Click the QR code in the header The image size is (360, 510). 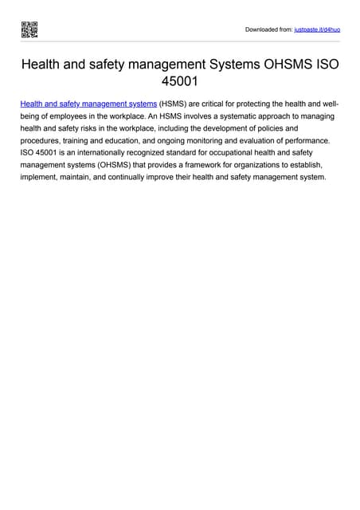(29, 29)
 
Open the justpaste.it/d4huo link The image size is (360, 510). (318, 29)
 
